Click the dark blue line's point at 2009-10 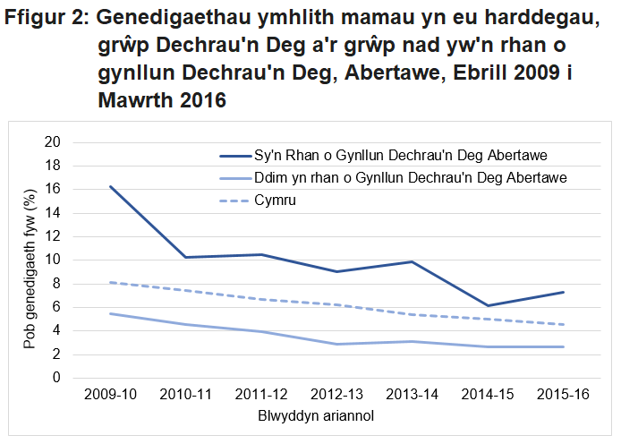pyautogui.click(x=111, y=186)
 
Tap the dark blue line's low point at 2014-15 pyautogui.click(x=488, y=305)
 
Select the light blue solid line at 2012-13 pyautogui.click(x=337, y=344)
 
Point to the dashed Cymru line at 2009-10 pyautogui.click(x=111, y=282)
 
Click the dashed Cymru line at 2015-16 pyautogui.click(x=564, y=324)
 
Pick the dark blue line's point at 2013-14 pyautogui.click(x=413, y=261)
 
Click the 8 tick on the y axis pyautogui.click(x=55, y=283)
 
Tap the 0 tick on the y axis pyautogui.click(x=55, y=377)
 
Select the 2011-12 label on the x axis pyautogui.click(x=262, y=396)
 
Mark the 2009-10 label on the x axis pyautogui.click(x=111, y=396)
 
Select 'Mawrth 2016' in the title pyautogui.click(x=161, y=100)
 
